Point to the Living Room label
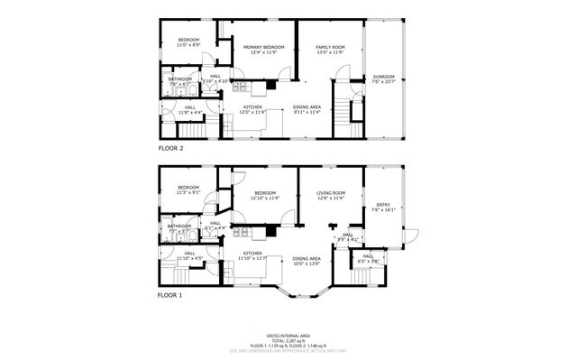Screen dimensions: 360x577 click(331, 194)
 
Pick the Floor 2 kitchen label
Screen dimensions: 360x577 click(252, 109)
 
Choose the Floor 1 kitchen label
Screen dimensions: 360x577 click(252, 255)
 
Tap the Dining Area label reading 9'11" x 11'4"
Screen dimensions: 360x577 click(307, 109)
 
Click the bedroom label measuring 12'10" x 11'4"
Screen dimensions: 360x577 click(264, 194)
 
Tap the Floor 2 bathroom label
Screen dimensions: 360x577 click(179, 81)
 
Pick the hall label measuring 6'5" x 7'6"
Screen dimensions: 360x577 click(368, 258)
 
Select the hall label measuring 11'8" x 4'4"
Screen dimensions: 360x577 click(190, 109)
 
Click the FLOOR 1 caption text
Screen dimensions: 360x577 click(170, 295)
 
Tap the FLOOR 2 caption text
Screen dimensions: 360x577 click(170, 146)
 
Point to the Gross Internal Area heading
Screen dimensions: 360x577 click(288, 333)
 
